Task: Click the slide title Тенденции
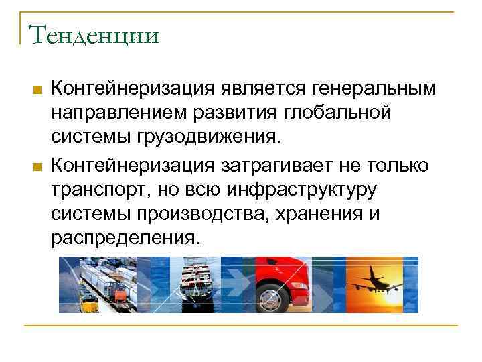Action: point(94,34)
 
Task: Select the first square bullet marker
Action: point(37,90)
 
